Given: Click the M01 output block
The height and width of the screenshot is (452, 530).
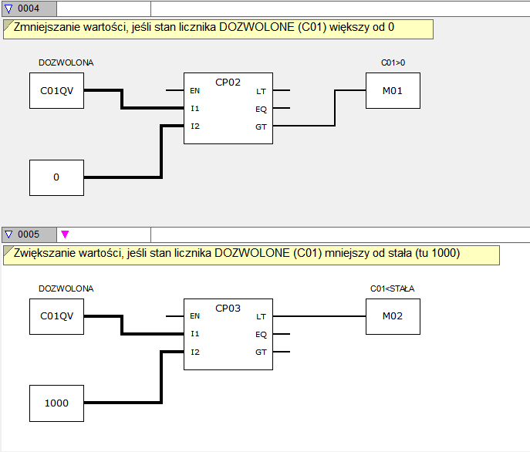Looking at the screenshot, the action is (393, 90).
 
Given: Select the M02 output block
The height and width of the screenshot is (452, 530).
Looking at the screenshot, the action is (393, 316).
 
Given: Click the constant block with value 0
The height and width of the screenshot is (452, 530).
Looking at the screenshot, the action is (56, 177).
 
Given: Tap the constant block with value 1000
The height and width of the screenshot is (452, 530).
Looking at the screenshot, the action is (56, 403).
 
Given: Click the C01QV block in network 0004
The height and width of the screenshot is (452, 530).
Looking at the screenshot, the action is (56, 90).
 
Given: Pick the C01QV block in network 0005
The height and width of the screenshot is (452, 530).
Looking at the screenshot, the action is (56, 316).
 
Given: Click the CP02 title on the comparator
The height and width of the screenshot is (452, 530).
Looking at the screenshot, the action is (228, 83).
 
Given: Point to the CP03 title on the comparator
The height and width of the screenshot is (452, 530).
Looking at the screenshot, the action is (228, 308).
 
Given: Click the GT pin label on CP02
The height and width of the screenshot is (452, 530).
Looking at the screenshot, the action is (261, 126).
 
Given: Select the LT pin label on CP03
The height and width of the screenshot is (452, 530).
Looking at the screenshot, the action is (261, 317).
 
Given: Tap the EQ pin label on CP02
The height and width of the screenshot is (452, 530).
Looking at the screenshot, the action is (261, 110).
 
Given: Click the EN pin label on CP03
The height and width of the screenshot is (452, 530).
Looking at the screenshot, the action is (194, 315).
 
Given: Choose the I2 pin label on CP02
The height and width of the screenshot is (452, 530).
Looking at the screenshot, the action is (195, 126).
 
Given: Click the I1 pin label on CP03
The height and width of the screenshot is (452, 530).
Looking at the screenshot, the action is (195, 334).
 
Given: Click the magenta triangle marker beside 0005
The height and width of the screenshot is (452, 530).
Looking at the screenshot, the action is (65, 234).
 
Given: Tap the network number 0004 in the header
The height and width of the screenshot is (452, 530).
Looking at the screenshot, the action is (29, 8).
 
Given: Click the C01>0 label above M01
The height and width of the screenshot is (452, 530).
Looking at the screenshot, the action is (393, 62).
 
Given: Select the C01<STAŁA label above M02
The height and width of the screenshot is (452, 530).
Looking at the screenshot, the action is (392, 288).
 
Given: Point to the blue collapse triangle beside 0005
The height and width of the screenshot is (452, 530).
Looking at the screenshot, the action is (8, 234).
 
